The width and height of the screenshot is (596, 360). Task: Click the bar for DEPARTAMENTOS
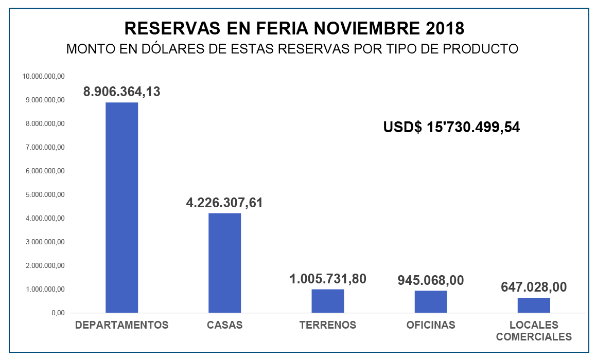[x=121, y=207]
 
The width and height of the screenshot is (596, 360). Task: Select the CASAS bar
[x=224, y=263]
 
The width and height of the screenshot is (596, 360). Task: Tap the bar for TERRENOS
[x=327, y=301]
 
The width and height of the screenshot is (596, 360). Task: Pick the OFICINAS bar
[x=431, y=301]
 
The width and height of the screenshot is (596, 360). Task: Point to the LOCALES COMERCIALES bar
[x=534, y=305]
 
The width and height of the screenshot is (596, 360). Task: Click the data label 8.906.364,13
[x=122, y=92]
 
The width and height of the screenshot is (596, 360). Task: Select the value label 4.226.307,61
[x=224, y=203]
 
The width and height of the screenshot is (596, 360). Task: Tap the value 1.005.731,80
[x=328, y=279]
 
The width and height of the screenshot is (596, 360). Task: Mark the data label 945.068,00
[x=431, y=280]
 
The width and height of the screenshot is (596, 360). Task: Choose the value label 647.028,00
[x=534, y=286]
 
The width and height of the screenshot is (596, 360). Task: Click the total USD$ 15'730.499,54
[x=451, y=127]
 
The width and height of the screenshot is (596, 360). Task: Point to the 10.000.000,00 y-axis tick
[x=43, y=76]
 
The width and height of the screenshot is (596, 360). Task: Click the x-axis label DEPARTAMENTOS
[x=122, y=325]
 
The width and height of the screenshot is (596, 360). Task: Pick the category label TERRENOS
[x=328, y=325]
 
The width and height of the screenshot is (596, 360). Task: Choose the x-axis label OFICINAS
[x=431, y=325]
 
